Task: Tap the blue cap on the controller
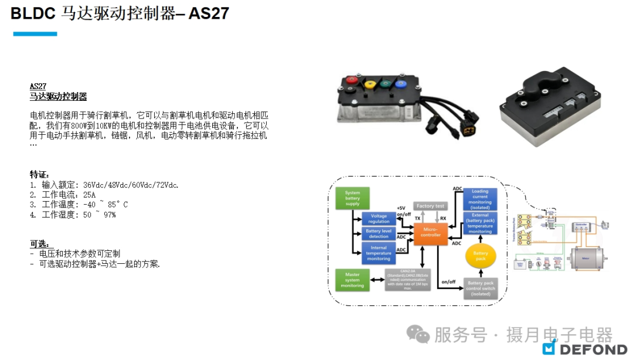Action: pos(401,84)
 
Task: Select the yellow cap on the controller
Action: pos(370,84)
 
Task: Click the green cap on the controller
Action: pos(386,84)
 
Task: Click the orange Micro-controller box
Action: pos(430,233)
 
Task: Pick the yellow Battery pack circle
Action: pos(480,255)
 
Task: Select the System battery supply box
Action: pos(352,198)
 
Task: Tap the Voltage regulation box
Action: pos(379,219)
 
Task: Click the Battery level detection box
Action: pos(379,234)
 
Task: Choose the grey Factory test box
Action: pos(430,206)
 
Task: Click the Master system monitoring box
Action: pos(352,279)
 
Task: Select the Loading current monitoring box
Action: pos(480,199)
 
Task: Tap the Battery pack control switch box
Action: pos(481,288)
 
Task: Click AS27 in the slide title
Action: pos(209,13)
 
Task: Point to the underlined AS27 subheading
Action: pos(38,86)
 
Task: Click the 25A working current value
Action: pos(89,195)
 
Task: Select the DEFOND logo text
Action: pos(593,349)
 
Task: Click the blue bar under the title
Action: pos(35,34)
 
